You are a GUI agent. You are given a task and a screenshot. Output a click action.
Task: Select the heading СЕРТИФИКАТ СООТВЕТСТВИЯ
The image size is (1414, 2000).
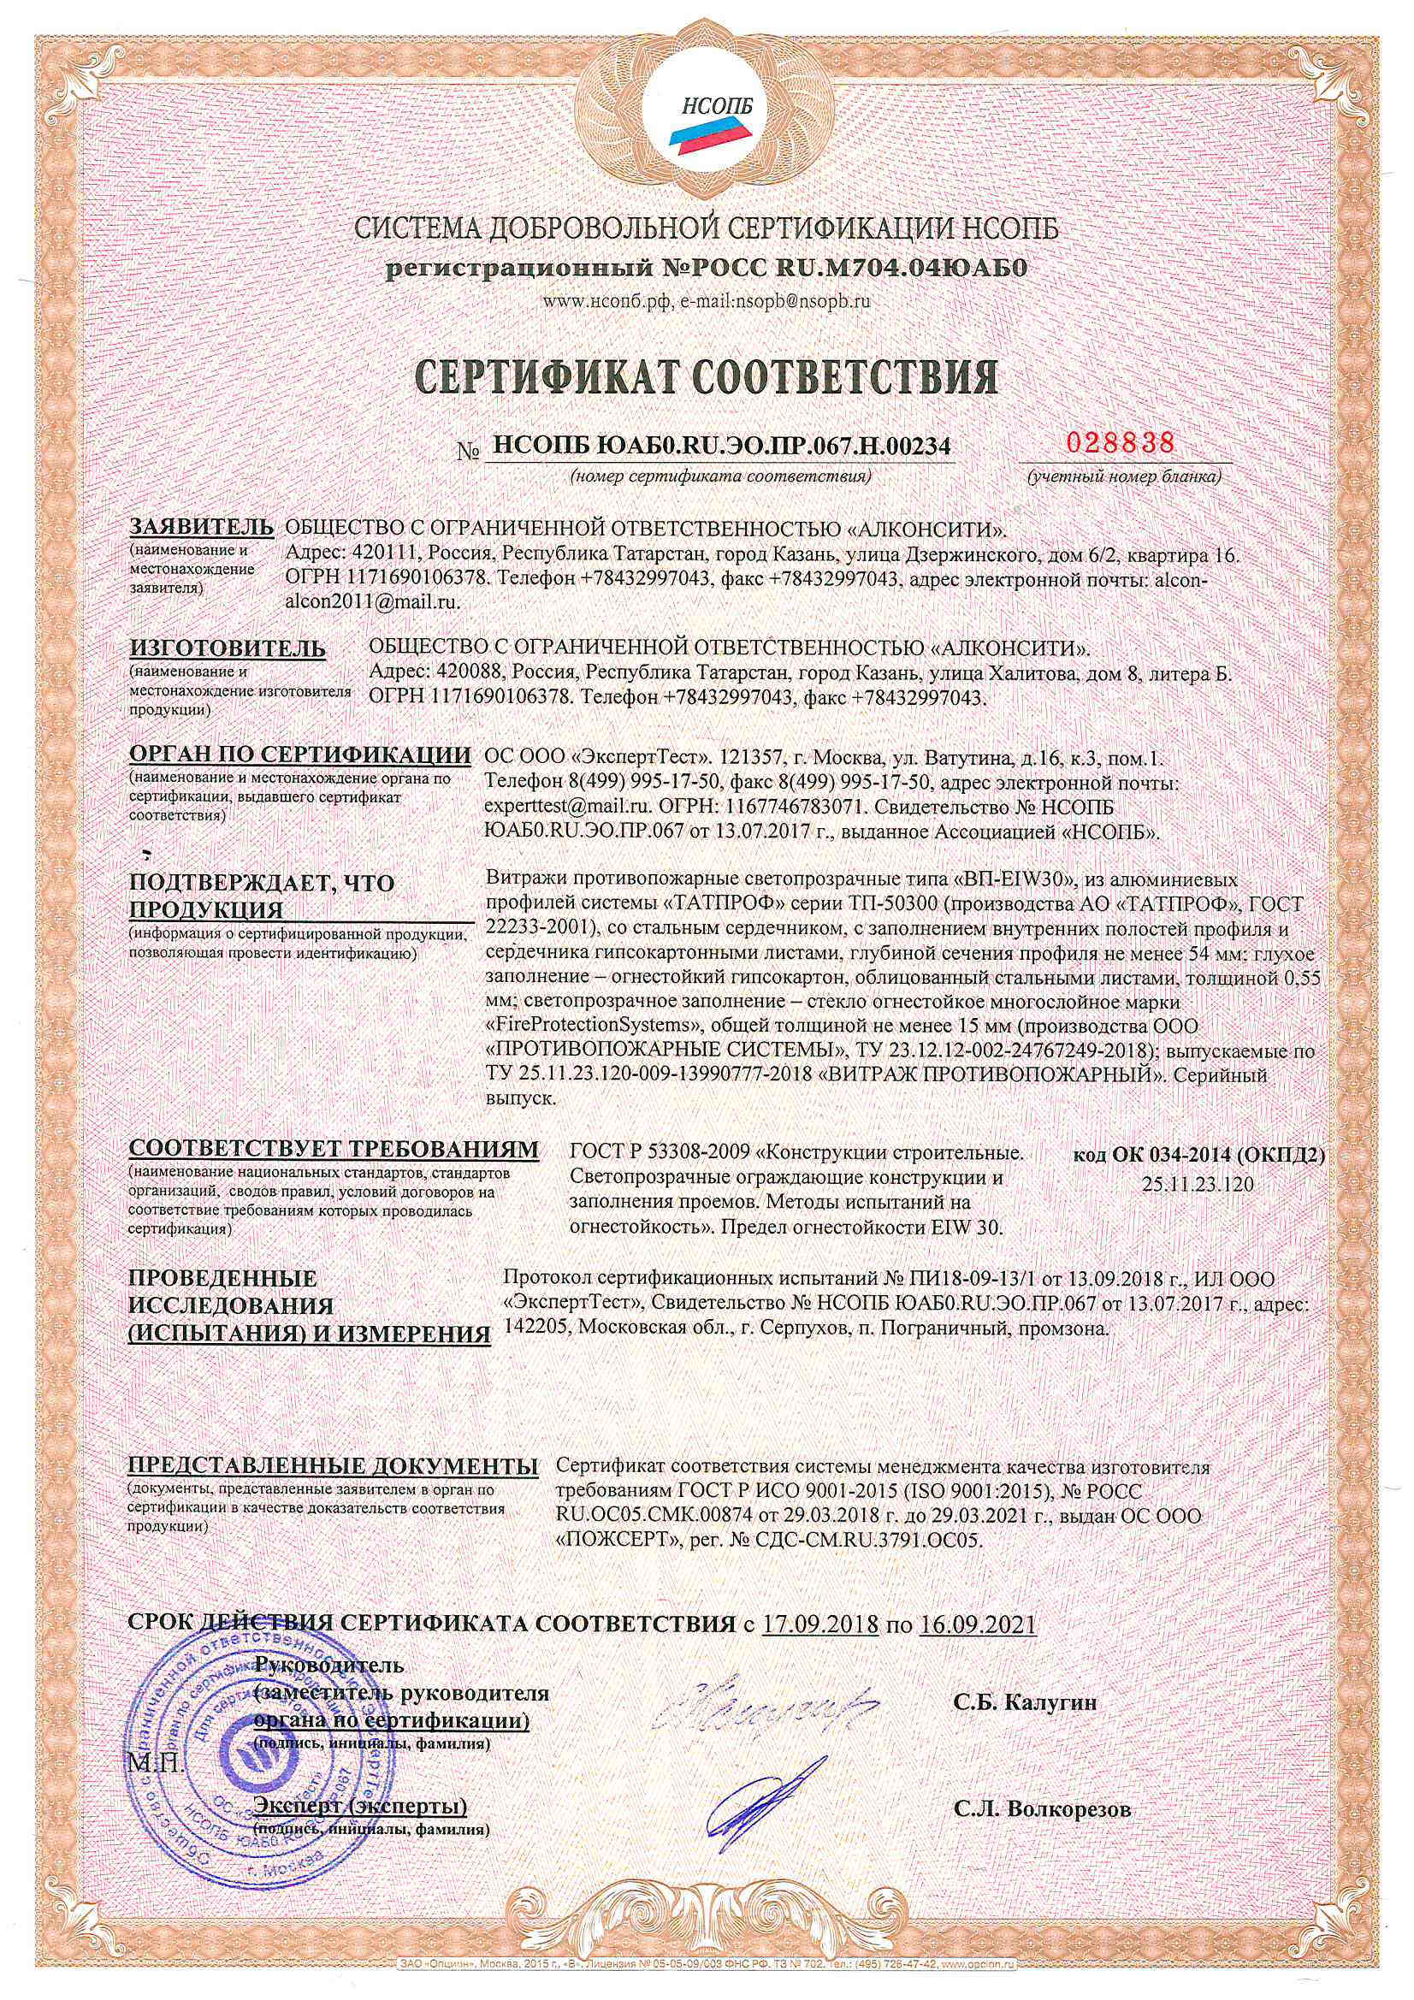(707, 376)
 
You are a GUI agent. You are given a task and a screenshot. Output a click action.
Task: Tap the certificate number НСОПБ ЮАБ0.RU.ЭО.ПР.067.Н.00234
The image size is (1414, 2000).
(719, 447)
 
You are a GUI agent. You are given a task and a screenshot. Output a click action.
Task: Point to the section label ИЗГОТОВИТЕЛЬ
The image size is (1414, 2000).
(228, 649)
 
